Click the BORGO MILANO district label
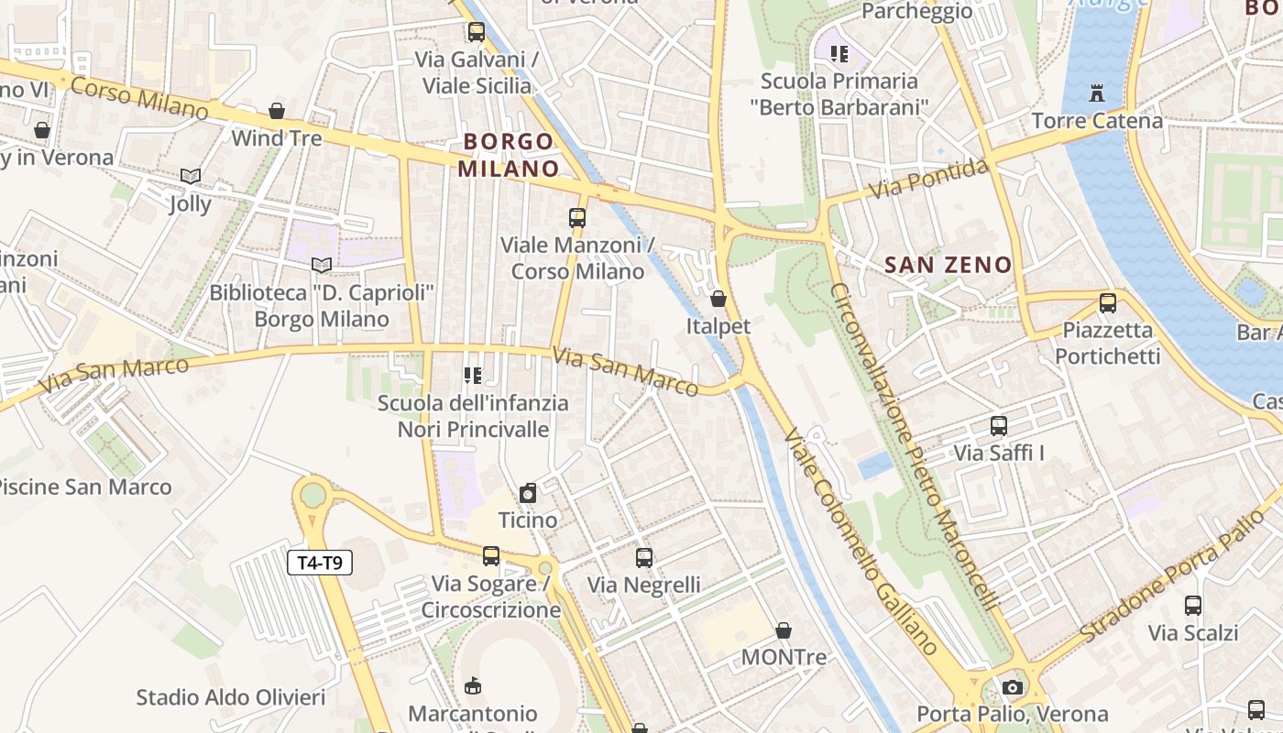coord(509,155)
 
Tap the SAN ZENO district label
coord(949,266)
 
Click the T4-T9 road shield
coord(320,563)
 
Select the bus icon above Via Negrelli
coord(644,557)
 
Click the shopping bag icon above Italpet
coord(718,299)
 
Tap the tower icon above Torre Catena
coord(1097,93)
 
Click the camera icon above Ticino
coord(528,494)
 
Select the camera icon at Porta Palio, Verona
coord(1012,687)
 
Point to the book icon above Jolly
coord(191,176)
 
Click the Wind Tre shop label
coord(277,138)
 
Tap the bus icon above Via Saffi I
coord(999,426)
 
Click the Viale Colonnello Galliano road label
coord(861,541)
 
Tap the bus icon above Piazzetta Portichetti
coord(1108,302)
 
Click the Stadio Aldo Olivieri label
coord(231,697)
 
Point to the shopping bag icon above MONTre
coord(784,630)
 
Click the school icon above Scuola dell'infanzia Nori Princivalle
coord(473,376)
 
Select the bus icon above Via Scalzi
coord(1193,606)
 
